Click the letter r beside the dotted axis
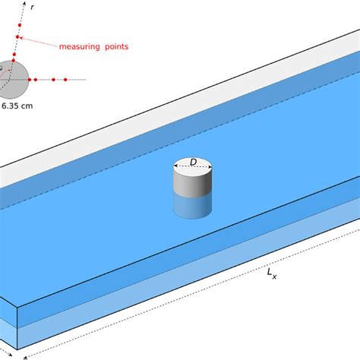pyautogui.click(x=32, y=8)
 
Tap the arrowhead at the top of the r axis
pyautogui.click(x=24, y=3)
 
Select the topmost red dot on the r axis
pyautogui.click(x=20, y=25)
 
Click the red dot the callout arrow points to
pyautogui.click(x=17, y=37)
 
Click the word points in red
pyautogui.click(x=117, y=46)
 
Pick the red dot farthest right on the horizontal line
pyautogui.click(x=65, y=80)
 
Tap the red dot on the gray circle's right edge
pyautogui.click(x=30, y=80)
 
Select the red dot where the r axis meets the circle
pyautogui.click(x=14, y=60)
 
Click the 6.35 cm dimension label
pyautogui.click(x=17, y=106)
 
